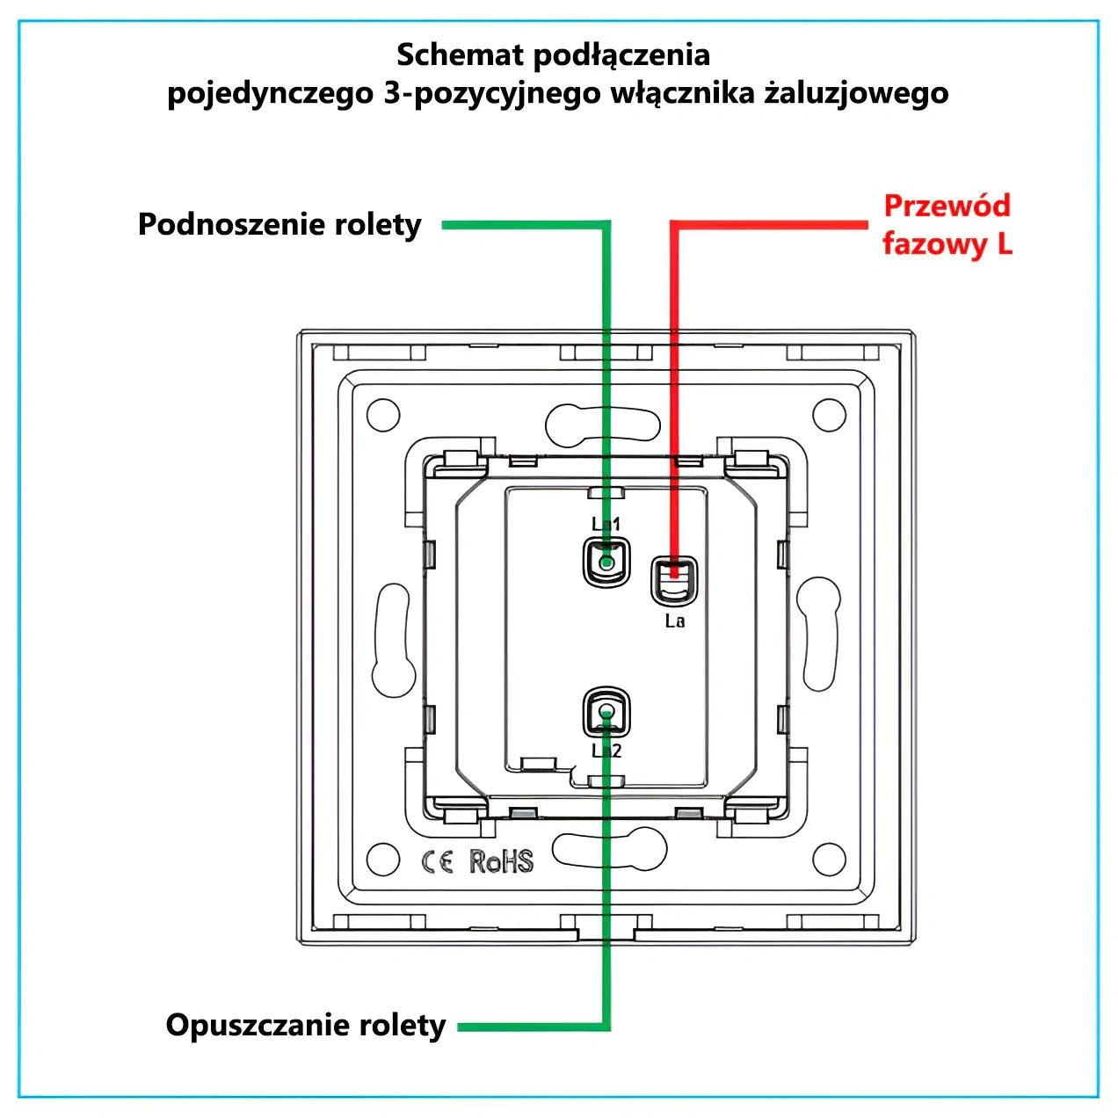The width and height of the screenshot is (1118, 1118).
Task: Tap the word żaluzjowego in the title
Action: pos(856,93)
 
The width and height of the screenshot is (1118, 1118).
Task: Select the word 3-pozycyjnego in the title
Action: pos(492,94)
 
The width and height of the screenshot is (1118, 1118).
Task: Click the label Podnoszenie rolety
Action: pos(279,224)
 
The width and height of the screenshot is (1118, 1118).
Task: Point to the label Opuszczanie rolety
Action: pos(306,1025)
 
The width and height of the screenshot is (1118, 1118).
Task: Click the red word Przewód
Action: pos(947,206)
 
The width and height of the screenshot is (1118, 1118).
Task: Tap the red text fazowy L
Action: pos(947,243)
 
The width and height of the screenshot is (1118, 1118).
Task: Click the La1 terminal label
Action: pos(606,524)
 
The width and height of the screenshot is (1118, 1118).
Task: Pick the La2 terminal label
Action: pos(606,751)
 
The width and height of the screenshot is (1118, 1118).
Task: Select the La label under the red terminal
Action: pos(675,621)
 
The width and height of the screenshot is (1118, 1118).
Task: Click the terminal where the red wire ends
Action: pos(674,581)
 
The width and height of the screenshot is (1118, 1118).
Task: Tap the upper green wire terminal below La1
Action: pos(606,562)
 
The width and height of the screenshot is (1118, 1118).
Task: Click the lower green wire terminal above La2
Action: pos(606,712)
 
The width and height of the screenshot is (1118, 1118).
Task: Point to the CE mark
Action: pos(437,861)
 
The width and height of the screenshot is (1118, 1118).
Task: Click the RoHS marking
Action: pos(501,861)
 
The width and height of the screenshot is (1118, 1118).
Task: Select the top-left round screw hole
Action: pos(383,415)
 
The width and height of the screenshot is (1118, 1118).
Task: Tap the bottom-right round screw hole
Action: pos(829,860)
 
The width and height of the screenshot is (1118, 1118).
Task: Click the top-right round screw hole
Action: pos(829,415)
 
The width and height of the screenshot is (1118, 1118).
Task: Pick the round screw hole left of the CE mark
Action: pos(383,860)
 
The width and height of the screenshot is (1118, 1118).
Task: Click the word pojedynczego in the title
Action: pos(271,94)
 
